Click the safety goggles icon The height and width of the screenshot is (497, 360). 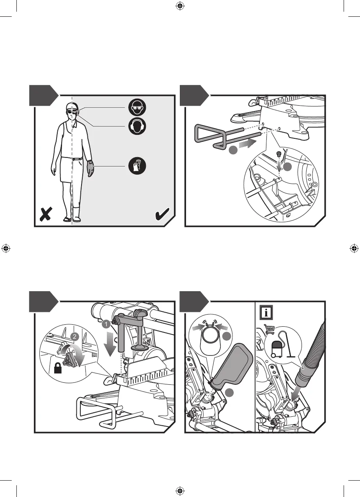pyautogui.click(x=138, y=107)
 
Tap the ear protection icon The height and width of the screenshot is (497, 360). pyautogui.click(x=138, y=126)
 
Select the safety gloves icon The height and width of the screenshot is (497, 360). pyautogui.click(x=138, y=167)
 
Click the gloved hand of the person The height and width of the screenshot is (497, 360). pyautogui.click(x=90, y=168)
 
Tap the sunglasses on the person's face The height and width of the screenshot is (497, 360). pyautogui.click(x=71, y=112)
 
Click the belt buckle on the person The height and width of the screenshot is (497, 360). pyautogui.click(x=73, y=159)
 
